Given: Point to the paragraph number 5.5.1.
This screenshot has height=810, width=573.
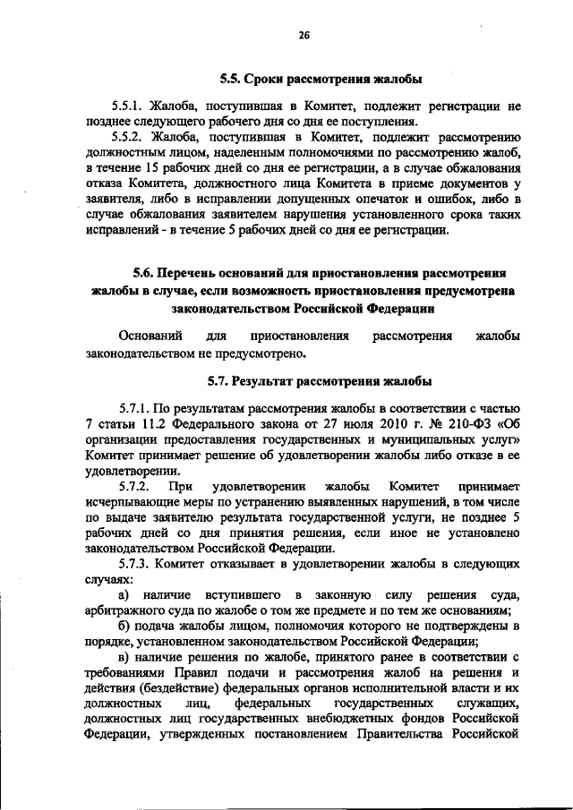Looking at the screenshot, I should pos(129,106).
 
